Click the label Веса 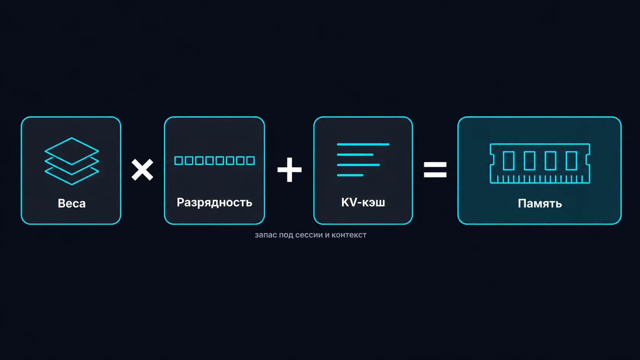pyautogui.click(x=72, y=204)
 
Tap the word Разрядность pyautogui.click(x=214, y=203)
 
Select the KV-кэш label pyautogui.click(x=363, y=202)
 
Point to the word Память pyautogui.click(x=540, y=204)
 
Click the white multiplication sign pyautogui.click(x=142, y=170)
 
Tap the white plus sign pyautogui.click(x=289, y=169)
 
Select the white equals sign pyautogui.click(x=435, y=169)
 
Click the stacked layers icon pyautogui.click(x=72, y=161)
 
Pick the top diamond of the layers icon pyautogui.click(x=72, y=151)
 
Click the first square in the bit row pyautogui.click(x=179, y=161)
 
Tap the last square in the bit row pyautogui.click(x=251, y=161)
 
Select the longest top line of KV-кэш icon pyautogui.click(x=363, y=145)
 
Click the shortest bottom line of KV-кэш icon pyautogui.click(x=350, y=175)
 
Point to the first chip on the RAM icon pyautogui.click(x=509, y=161)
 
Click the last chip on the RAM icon pyautogui.click(x=571, y=161)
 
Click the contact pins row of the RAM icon pyautogui.click(x=540, y=179)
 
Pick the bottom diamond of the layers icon pyautogui.click(x=72, y=176)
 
